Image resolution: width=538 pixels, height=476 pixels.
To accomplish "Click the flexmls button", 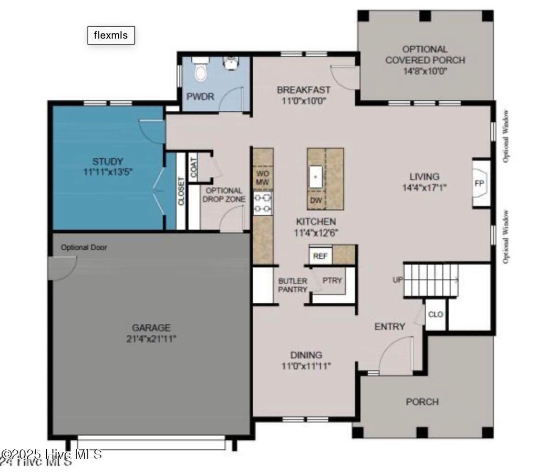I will tap(111, 35).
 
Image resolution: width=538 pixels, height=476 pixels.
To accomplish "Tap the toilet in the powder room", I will tap(200, 70).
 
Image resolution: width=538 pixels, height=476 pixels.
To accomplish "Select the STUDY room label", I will tap(108, 161).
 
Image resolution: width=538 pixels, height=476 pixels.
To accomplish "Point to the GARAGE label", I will tap(151, 327).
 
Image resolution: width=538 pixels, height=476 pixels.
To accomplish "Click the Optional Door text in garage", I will tap(84, 247).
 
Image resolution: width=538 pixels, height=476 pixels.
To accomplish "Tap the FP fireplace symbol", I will tap(479, 184).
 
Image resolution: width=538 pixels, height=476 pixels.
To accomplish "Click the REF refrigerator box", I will tap(320, 256).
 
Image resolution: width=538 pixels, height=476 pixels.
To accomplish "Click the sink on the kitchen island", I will tap(316, 176).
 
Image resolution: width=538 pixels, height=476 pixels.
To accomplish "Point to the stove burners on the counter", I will tap(263, 203).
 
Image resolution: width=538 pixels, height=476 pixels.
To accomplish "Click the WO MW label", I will tap(262, 177).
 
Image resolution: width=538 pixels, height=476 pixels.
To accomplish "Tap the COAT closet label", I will tap(193, 167).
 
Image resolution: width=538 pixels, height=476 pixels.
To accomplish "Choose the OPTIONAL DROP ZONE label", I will tap(224, 195).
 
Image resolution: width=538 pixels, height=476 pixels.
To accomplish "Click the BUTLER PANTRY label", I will tap(293, 285).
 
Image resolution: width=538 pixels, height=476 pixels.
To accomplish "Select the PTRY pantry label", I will tap(332, 280).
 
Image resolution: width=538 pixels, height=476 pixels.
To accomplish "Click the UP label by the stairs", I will tap(397, 280).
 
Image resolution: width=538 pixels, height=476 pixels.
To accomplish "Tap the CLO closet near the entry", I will tap(436, 314).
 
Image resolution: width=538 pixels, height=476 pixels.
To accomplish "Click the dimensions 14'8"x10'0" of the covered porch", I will tap(425, 71).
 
